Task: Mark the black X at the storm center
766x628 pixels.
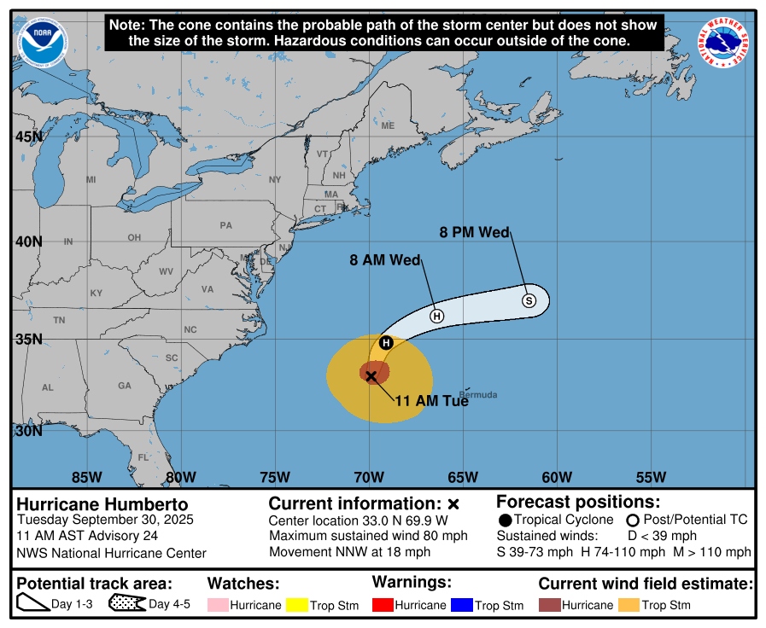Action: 371,375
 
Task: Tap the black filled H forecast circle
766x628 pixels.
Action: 386,343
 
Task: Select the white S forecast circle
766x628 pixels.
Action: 529,300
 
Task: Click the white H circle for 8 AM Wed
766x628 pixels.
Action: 436,316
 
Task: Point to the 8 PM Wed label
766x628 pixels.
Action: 474,232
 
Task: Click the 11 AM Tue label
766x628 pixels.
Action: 431,400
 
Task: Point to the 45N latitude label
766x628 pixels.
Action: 28,137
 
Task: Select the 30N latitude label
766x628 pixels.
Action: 28,431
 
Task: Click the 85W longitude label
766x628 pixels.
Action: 87,477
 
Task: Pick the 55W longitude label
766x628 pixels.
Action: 651,477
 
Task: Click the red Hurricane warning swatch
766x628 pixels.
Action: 383,605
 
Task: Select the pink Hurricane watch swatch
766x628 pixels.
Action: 218,605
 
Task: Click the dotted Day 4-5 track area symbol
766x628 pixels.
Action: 126,604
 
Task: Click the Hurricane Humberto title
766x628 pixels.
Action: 102,504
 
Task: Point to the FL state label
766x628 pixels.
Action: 143,457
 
